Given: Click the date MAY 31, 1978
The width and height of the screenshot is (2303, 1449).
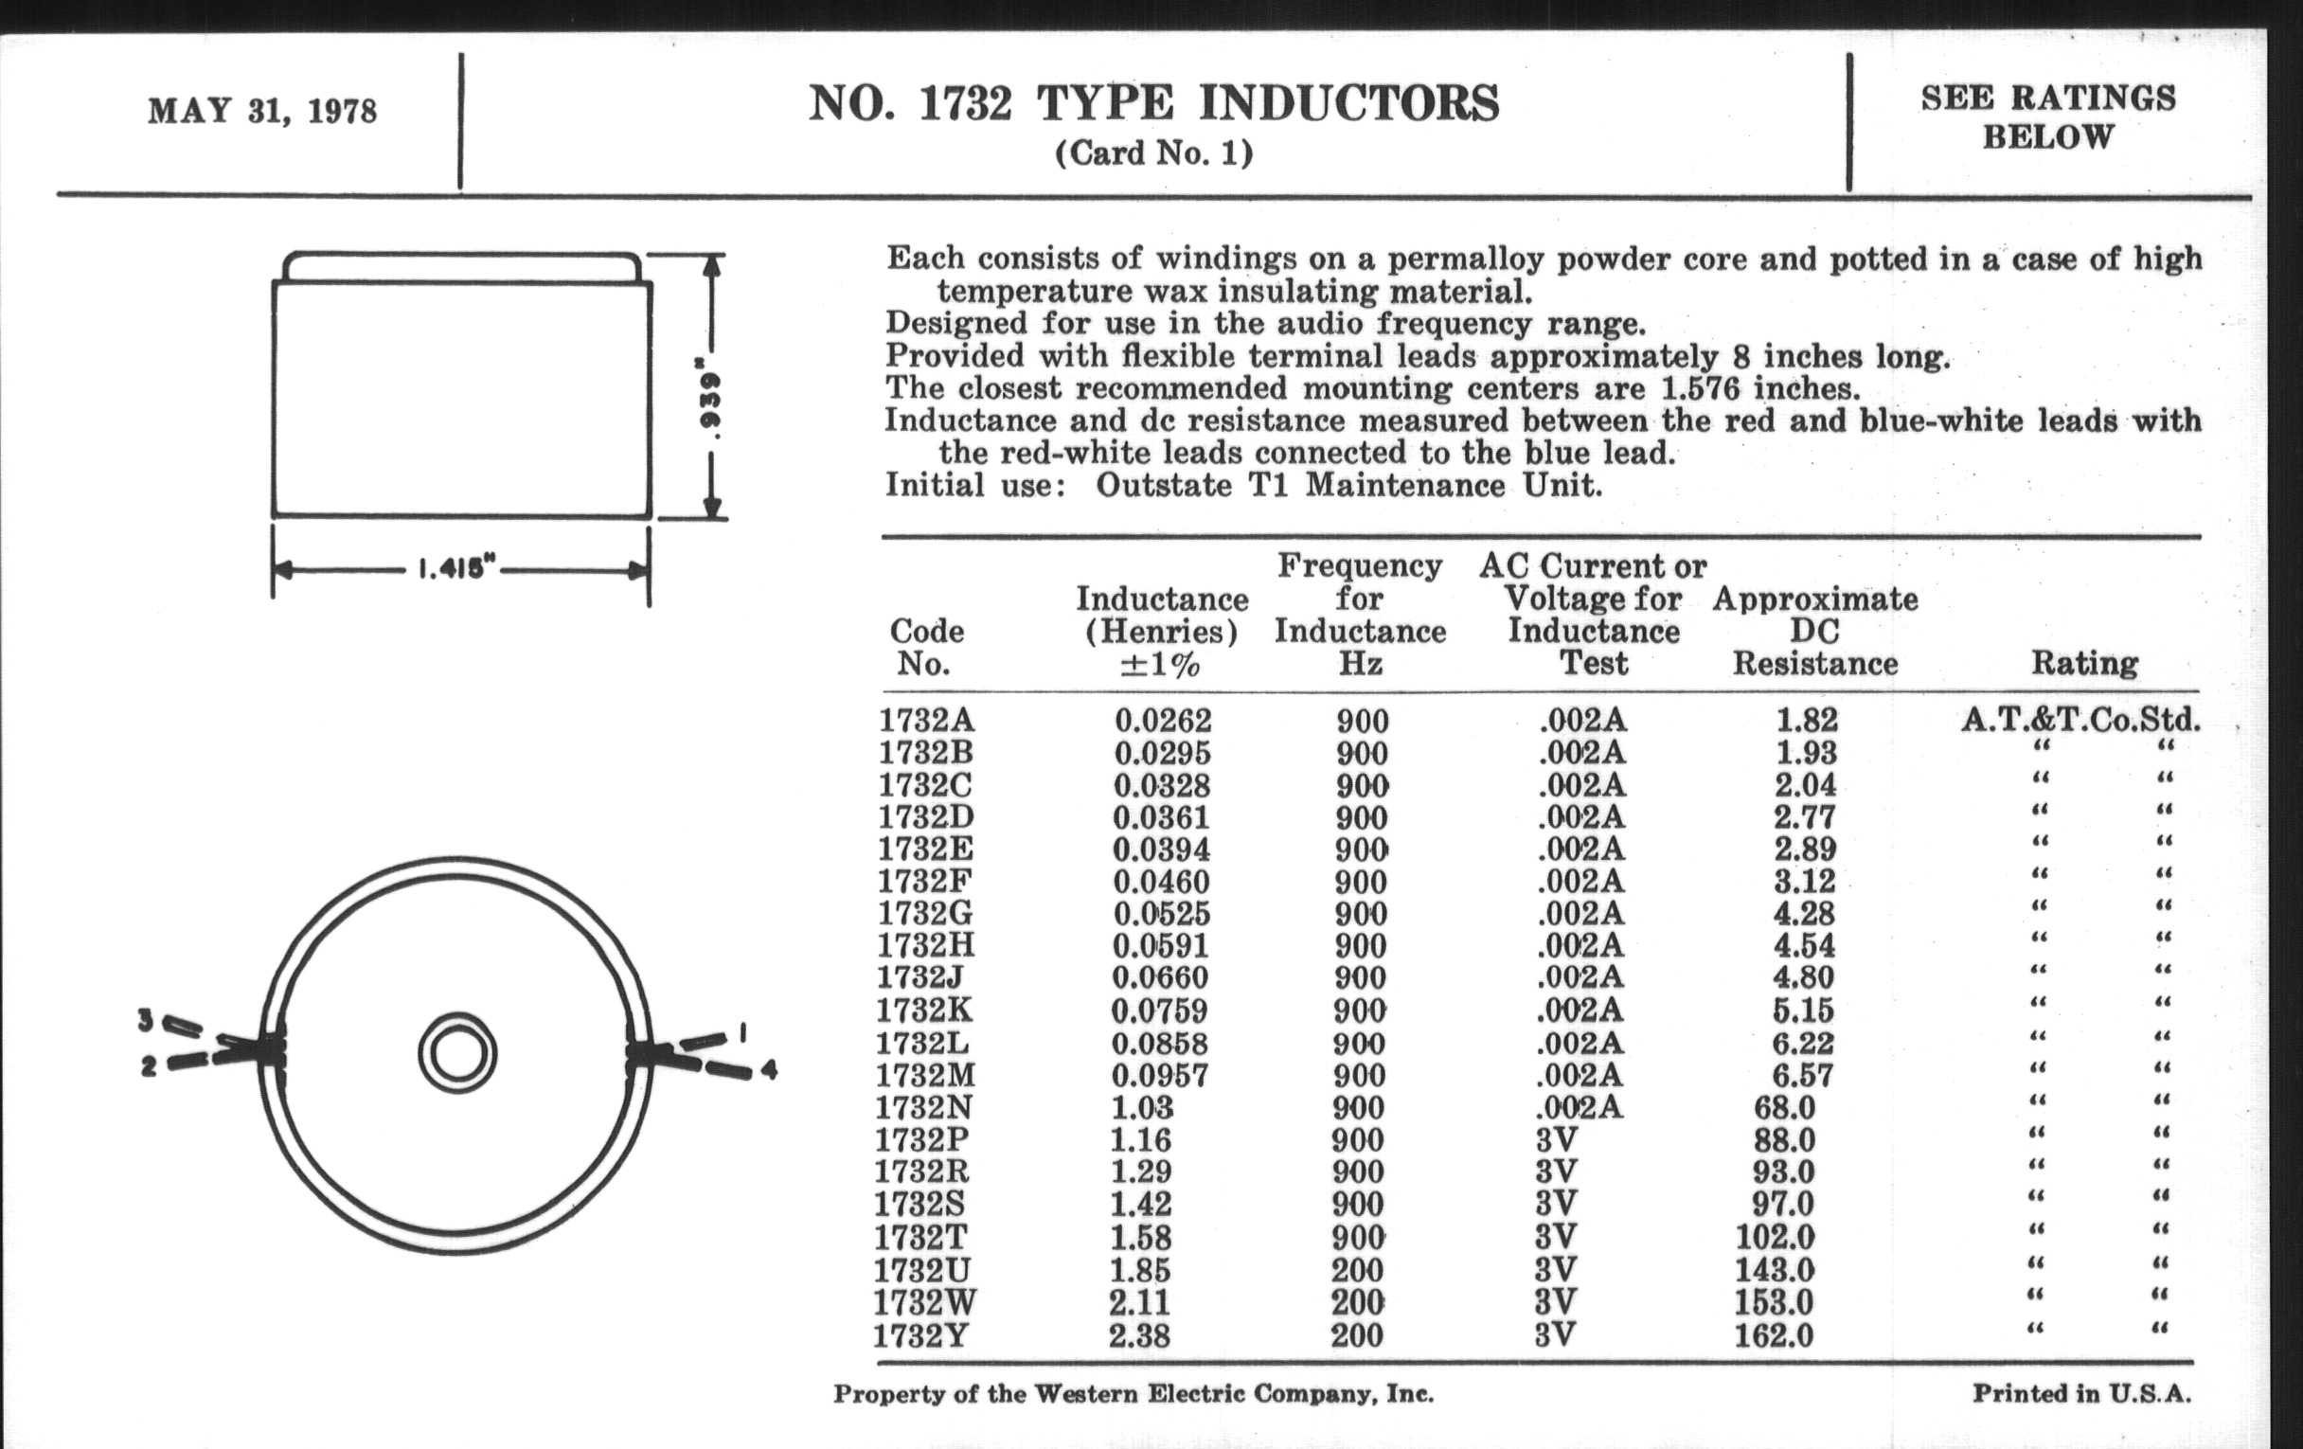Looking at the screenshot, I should coord(262,111).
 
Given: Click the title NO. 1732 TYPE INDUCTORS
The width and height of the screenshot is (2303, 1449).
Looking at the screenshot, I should coord(1153,103).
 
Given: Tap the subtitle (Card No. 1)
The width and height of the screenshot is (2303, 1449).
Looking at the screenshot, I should coord(1153,153).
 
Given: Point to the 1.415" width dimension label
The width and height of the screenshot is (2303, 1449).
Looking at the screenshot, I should coord(457,571).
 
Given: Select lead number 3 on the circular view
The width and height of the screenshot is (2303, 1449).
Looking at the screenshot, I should coord(146,1021).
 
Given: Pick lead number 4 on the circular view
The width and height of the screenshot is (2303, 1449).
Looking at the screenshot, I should coord(768,1070).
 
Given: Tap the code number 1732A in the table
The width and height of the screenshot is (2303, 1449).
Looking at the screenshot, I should coord(927,719).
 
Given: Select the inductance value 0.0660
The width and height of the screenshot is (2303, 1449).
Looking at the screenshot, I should coord(1160,977).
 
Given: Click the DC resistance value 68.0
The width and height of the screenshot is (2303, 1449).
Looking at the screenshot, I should coord(1784,1107).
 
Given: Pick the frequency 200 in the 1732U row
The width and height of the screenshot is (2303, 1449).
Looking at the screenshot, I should coord(1357,1270).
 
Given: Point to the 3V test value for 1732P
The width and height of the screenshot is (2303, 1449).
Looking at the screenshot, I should coord(1555,1140).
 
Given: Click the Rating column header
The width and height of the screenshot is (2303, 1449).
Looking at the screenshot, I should coord(2084,663).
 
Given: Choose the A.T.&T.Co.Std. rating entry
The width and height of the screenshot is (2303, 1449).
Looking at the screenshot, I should coord(2081,719).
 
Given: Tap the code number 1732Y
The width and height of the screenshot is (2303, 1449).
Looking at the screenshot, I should coord(920,1335).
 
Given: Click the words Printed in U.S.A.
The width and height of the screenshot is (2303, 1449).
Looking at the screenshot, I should coord(2081,1393).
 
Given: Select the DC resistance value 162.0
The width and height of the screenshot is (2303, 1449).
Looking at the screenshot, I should coord(1774,1335).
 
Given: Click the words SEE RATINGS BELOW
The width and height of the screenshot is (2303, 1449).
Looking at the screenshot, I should coord(2047,116).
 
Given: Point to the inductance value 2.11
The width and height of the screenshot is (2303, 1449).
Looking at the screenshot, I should coord(1139,1302).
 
